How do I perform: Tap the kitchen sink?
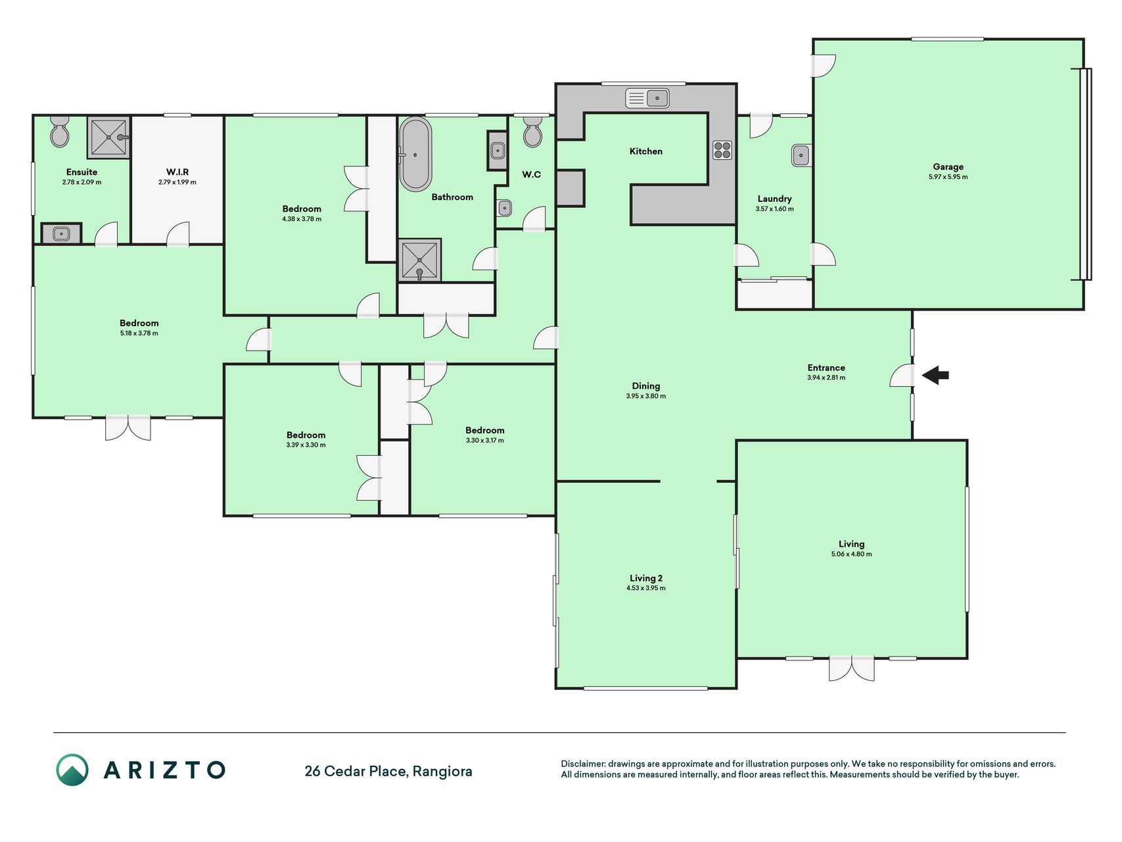pos(647,98)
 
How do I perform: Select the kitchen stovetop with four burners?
pos(722,150)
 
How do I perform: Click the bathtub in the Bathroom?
pos(416,155)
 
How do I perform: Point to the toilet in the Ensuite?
pos(60,131)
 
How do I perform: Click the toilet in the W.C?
pos(532,131)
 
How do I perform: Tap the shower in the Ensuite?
pos(108,137)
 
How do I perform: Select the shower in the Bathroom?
pos(419,260)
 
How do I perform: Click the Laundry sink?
pos(801,155)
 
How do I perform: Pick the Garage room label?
pos(948,167)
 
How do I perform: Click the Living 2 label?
pos(646,578)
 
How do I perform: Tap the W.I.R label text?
pos(177,172)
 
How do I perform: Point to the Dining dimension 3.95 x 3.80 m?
pos(646,396)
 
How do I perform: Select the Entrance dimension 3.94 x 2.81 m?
pos(826,378)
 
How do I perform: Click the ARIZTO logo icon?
pos(72,770)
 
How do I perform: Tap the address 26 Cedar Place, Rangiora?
pos(388,771)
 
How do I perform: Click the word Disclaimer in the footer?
pos(582,764)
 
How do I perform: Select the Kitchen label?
pos(646,151)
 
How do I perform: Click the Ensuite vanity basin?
pos(61,233)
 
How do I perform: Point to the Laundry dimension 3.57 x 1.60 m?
pos(774,209)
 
